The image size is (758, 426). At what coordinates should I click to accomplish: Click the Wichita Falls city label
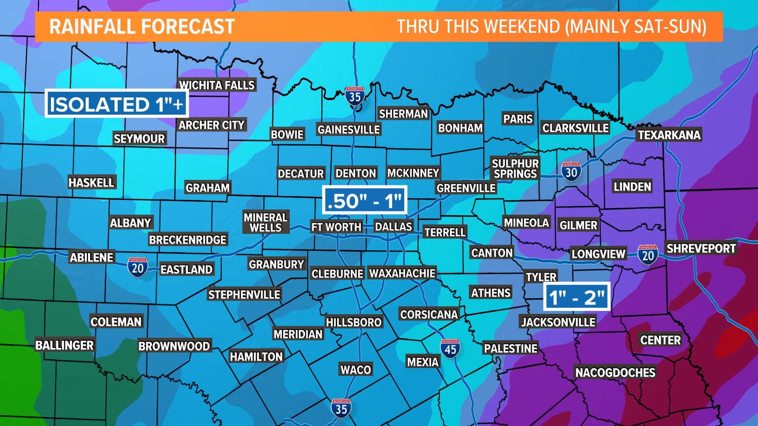tap(217, 85)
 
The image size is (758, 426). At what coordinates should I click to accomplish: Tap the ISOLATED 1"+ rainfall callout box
tap(116, 104)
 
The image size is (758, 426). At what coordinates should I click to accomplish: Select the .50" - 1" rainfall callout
tap(364, 200)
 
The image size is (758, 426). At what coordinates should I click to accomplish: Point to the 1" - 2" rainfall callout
tap(577, 297)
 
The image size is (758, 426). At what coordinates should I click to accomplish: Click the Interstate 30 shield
tap(571, 171)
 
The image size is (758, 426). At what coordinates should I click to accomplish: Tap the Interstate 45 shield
tap(450, 348)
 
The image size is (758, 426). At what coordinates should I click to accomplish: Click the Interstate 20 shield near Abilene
tap(137, 267)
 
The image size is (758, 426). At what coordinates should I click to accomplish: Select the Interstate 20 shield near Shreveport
tap(647, 255)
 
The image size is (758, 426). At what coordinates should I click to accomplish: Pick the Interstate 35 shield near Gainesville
tap(355, 96)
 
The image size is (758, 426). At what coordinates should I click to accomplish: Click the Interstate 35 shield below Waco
tap(341, 408)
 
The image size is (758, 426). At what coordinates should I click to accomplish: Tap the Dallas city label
tap(393, 226)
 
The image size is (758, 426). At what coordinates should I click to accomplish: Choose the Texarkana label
tap(669, 135)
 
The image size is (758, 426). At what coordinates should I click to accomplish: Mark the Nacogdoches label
tap(615, 372)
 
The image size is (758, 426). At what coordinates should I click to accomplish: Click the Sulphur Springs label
tap(515, 168)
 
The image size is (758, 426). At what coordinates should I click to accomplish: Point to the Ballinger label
tap(64, 345)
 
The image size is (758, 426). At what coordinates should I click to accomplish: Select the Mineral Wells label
tap(266, 222)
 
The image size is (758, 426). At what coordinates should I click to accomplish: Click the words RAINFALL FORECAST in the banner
tap(142, 27)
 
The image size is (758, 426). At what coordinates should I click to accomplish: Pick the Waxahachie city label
tap(402, 273)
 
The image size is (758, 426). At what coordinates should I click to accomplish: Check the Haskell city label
tap(91, 182)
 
